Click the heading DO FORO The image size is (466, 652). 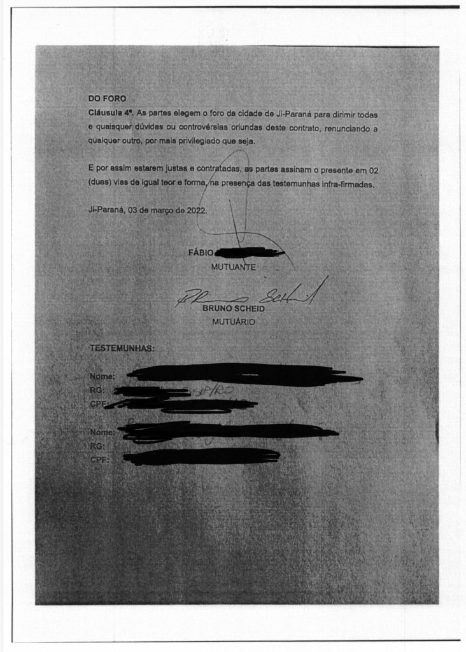tap(108, 98)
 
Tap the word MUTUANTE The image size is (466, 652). tap(233, 267)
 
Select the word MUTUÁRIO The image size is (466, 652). tap(234, 322)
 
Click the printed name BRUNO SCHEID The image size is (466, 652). tap(234, 309)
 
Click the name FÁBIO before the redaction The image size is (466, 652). tap(201, 253)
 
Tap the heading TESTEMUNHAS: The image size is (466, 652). tap(122, 349)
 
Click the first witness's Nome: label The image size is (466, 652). tap(102, 376)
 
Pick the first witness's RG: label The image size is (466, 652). tap(97, 389)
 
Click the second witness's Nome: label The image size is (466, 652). tap(102, 432)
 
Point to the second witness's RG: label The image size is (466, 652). tap(97, 446)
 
